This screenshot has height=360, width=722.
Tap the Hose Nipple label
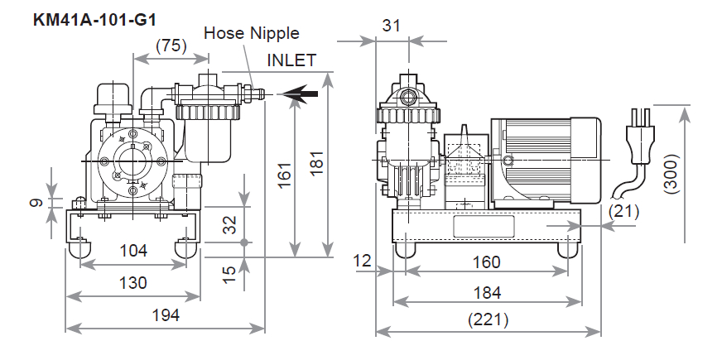click(252, 34)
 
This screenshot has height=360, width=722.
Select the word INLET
click(291, 60)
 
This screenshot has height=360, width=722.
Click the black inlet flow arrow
click(298, 95)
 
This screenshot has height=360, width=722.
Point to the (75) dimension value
click(171, 46)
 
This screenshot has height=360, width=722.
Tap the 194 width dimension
click(166, 315)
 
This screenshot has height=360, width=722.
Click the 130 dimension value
click(132, 283)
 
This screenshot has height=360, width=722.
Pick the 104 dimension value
click(132, 251)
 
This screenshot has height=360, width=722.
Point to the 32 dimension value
click(229, 223)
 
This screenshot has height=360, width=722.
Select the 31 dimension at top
click(392, 26)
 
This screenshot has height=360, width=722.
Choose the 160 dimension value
click(487, 262)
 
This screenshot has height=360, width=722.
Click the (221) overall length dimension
click(488, 319)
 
